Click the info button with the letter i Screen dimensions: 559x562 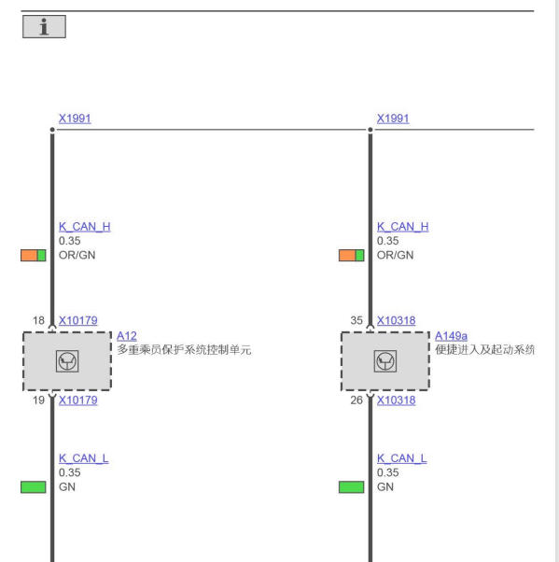(44, 26)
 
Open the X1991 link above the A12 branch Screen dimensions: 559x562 (75, 119)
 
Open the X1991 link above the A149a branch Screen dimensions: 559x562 (393, 119)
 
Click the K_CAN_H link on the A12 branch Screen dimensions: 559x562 (85, 227)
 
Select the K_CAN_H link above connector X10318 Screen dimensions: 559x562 (403, 227)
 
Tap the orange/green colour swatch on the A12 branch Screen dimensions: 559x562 (34, 255)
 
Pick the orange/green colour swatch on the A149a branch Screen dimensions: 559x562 (352, 255)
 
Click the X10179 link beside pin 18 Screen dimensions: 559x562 (78, 320)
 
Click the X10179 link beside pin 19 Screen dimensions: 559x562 (78, 400)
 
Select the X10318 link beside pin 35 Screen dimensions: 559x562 (397, 320)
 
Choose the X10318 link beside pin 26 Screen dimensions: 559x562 (397, 400)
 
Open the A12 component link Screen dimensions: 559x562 (127, 336)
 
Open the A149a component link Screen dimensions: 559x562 (451, 336)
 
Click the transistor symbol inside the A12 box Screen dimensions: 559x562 (67, 361)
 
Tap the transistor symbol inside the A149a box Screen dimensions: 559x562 (385, 361)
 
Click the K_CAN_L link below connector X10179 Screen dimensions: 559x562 (83, 458)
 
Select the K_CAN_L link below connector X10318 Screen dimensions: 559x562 (401, 458)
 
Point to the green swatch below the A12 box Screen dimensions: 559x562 (34, 487)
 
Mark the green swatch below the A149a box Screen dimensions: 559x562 (352, 487)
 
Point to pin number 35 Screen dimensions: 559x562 (356, 320)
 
